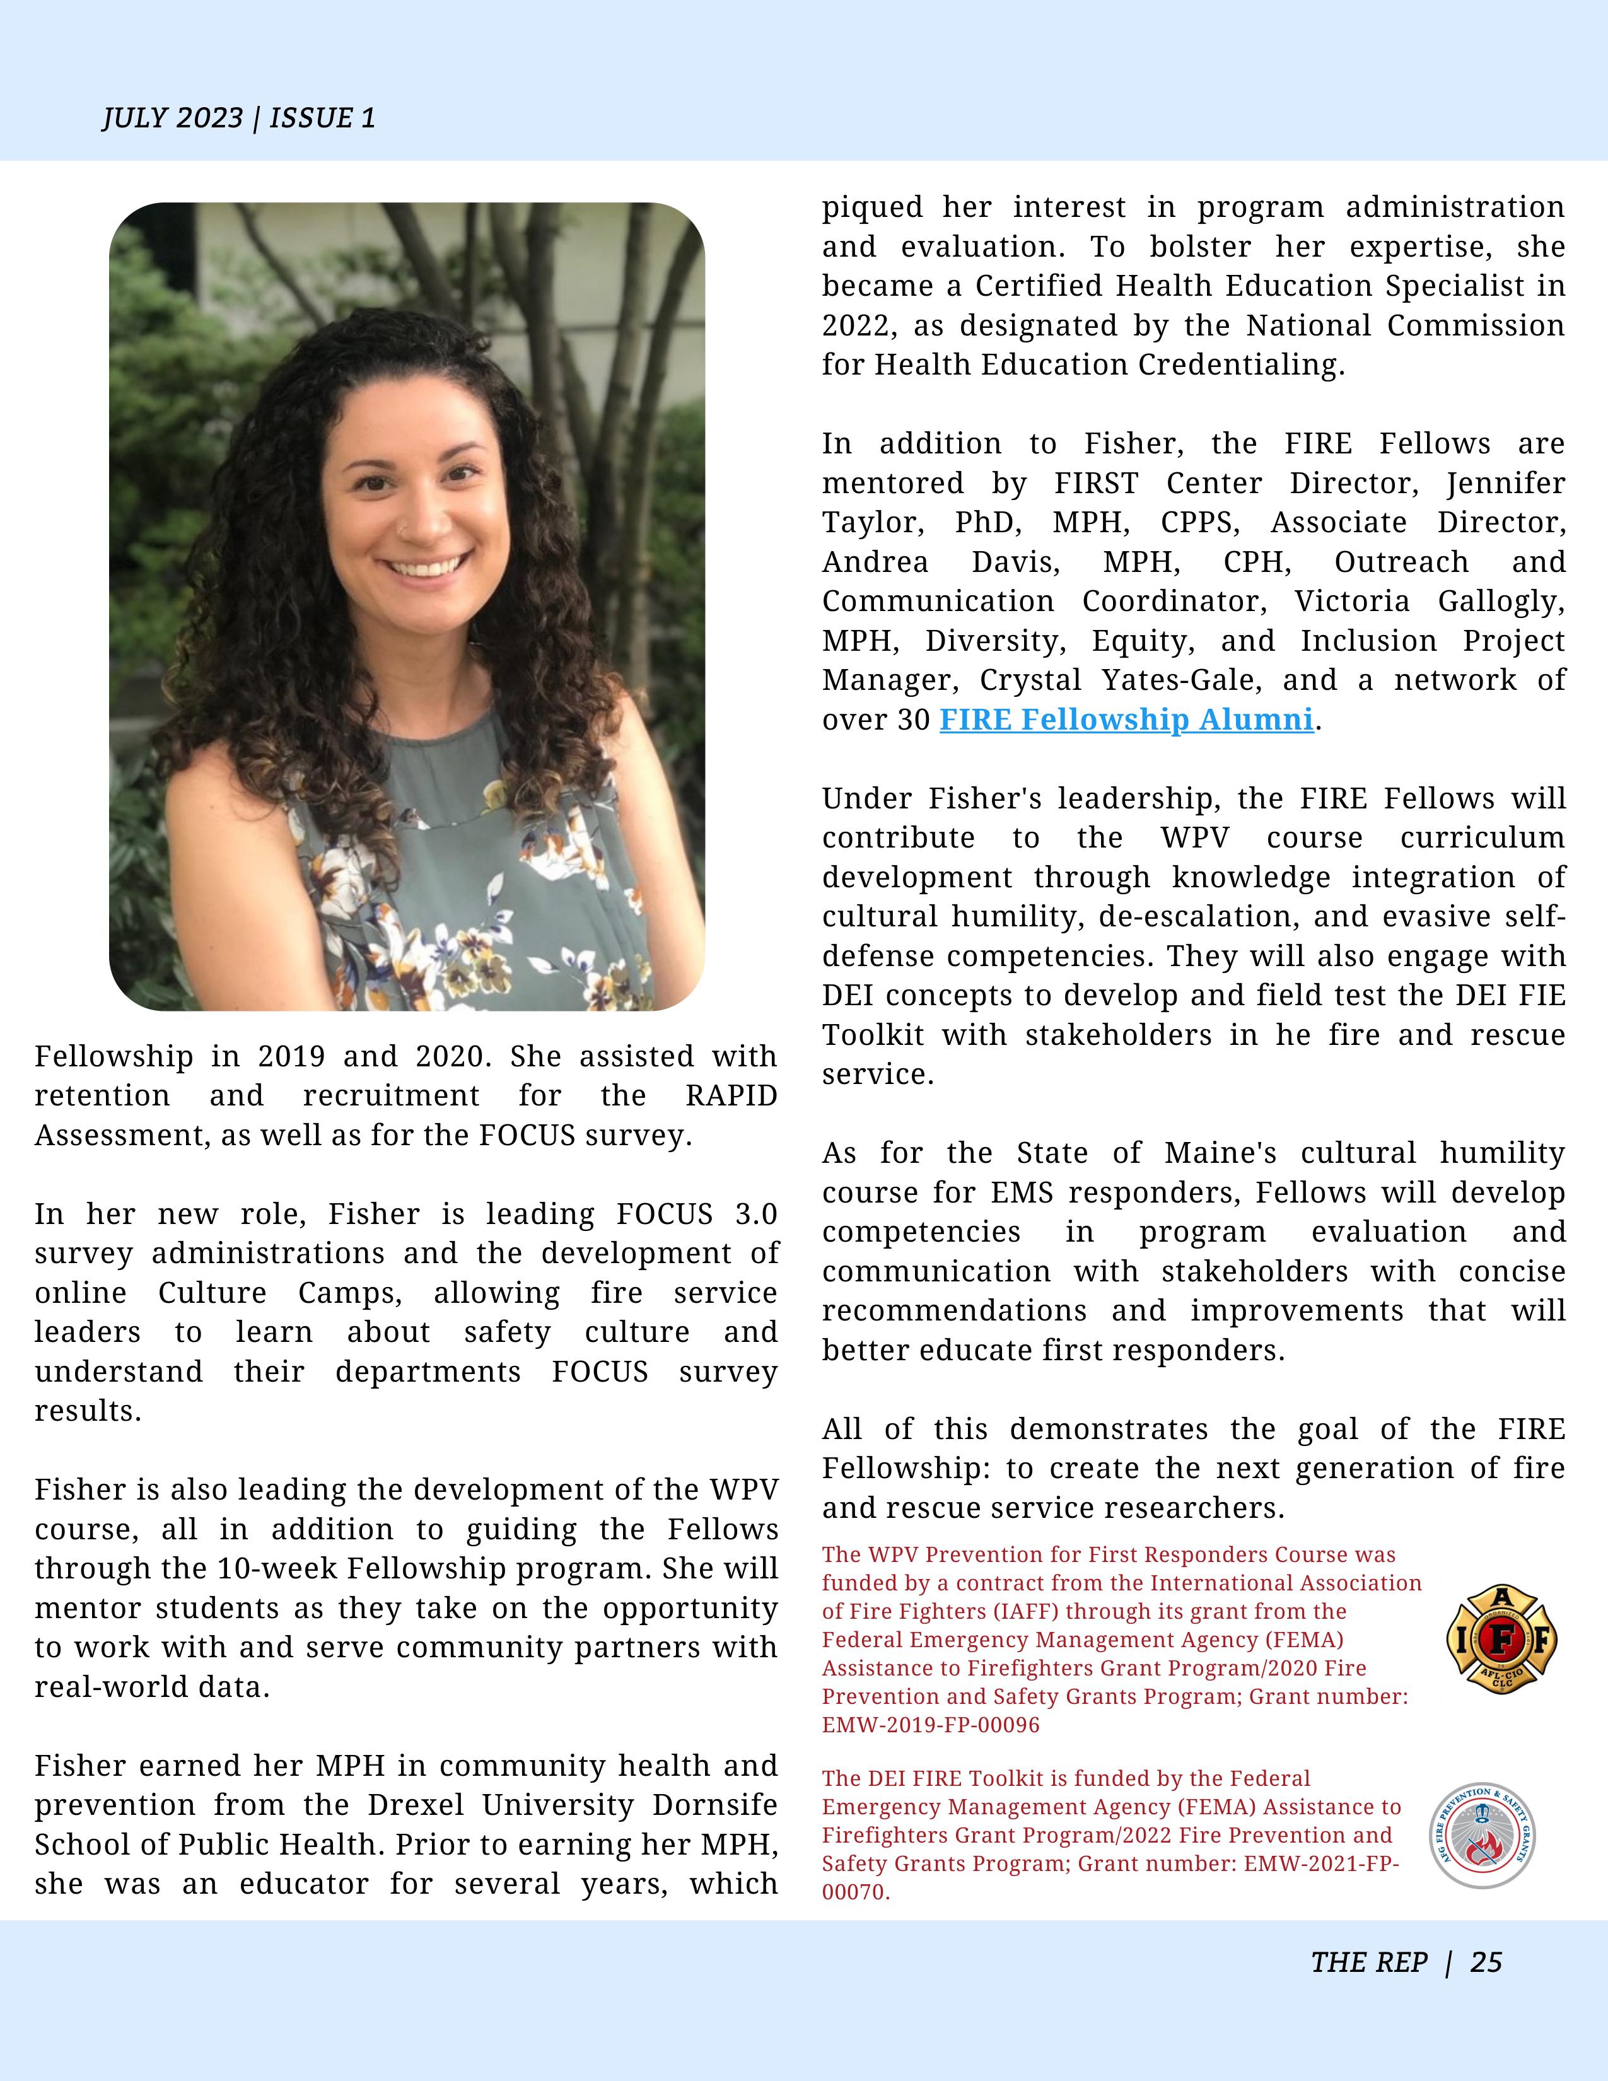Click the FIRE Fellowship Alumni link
coord(1126,720)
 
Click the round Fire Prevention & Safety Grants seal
coord(1481,1835)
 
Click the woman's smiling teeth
coord(426,566)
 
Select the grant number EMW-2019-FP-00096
coord(931,1725)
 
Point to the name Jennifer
coord(1505,483)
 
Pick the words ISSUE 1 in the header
coord(322,118)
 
